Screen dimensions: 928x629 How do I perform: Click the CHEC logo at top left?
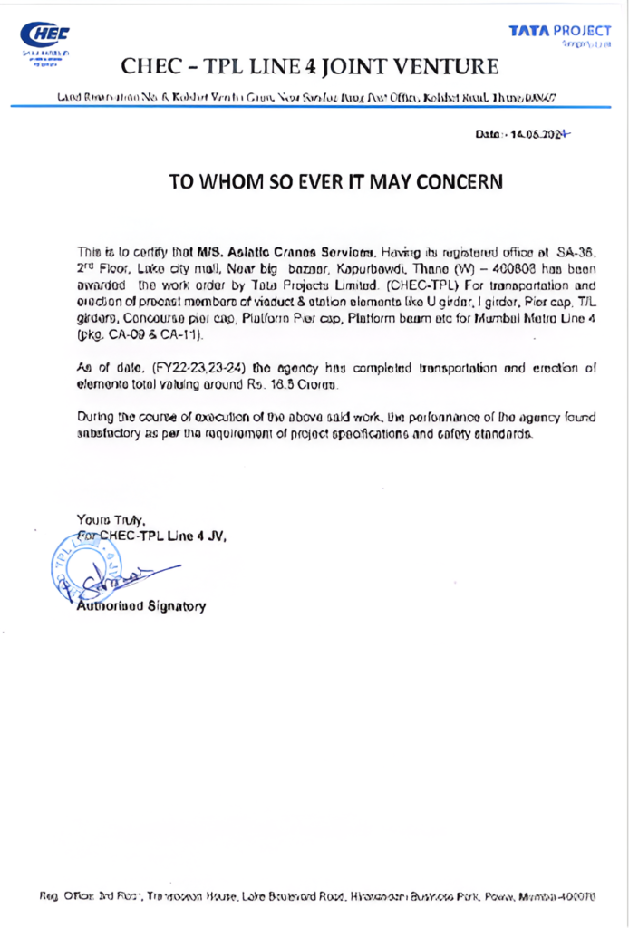[45, 36]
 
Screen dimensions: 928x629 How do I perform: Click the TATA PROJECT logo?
[559, 32]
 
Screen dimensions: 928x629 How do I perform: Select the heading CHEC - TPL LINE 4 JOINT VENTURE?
[310, 66]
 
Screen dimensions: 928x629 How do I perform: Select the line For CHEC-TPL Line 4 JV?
[152, 536]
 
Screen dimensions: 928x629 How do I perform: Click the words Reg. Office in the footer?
[63, 895]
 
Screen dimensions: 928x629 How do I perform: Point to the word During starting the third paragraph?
[97, 418]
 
